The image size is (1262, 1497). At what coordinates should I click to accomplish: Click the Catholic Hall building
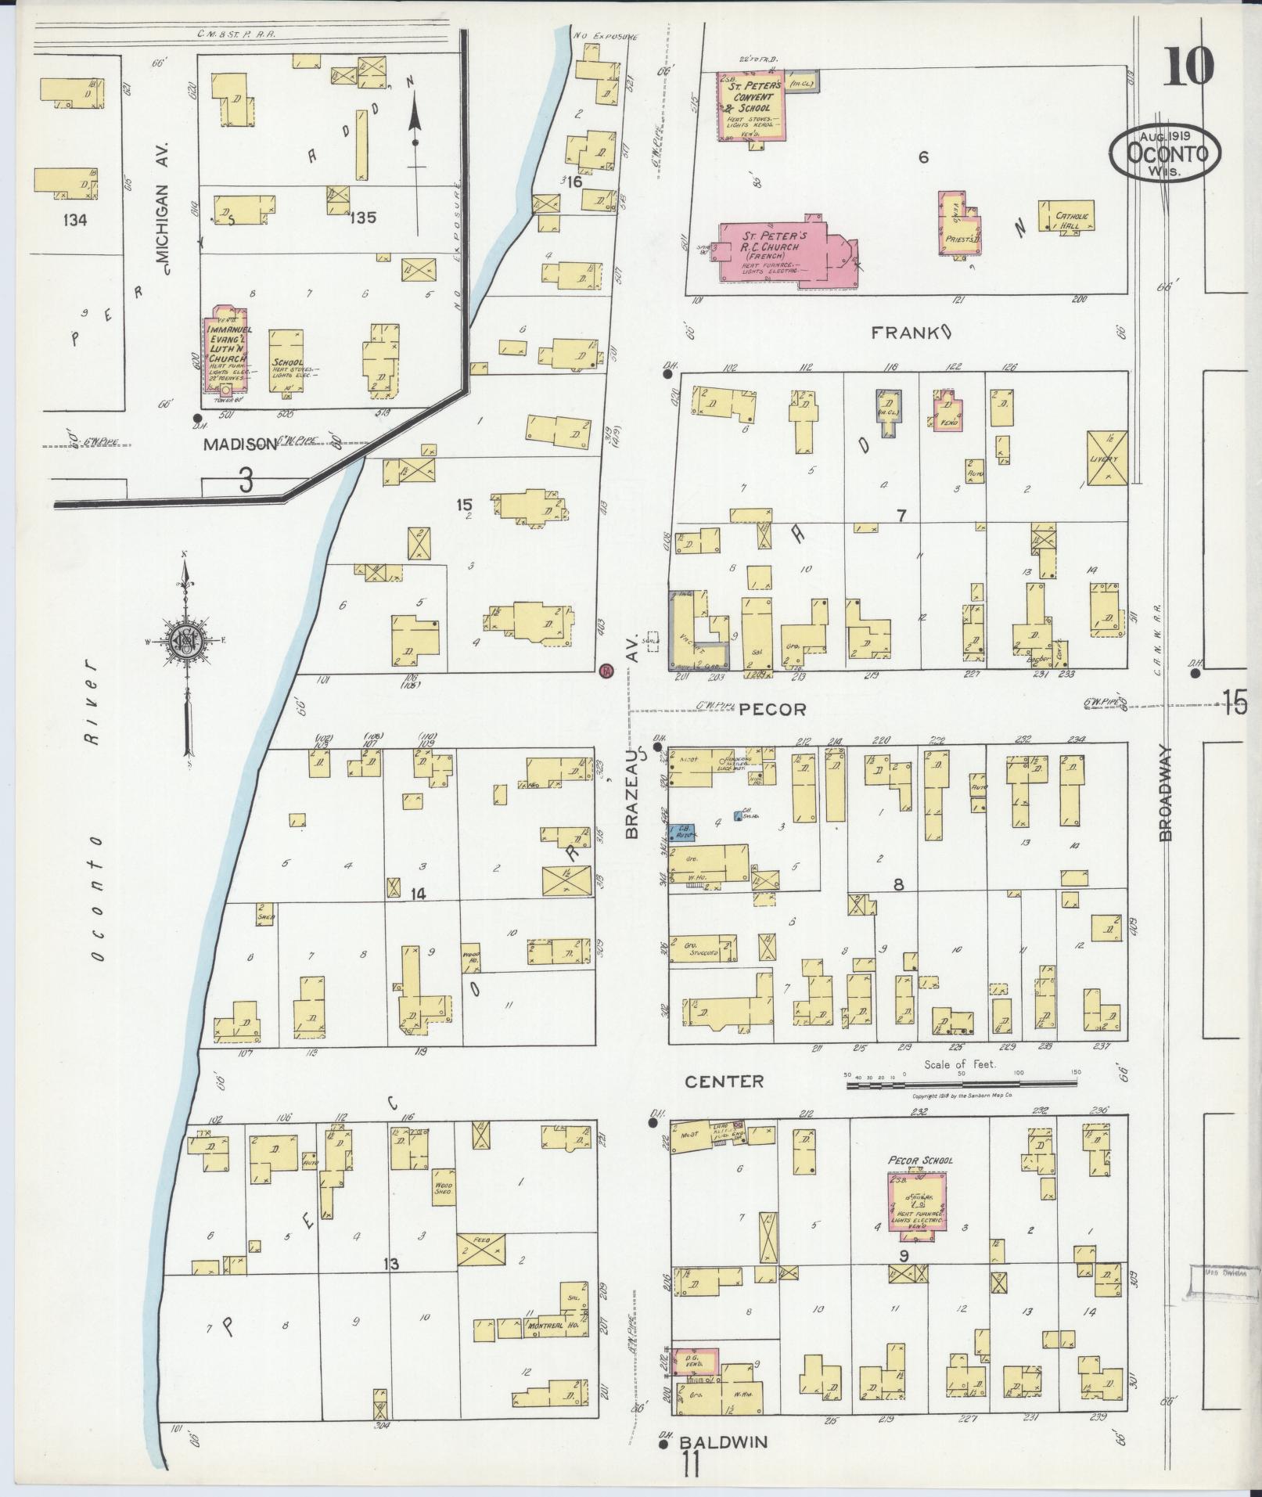1066,216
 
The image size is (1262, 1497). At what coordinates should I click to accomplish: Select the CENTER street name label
724,1081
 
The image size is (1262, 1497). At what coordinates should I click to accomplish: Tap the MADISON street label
240,444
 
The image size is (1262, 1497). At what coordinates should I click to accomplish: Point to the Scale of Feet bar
960,1084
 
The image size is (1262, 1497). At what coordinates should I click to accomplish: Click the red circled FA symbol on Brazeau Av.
606,671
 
